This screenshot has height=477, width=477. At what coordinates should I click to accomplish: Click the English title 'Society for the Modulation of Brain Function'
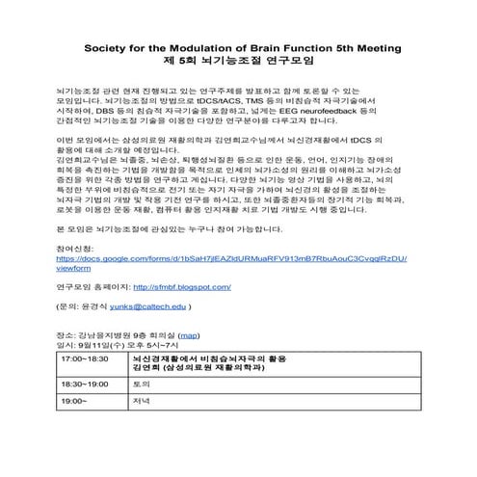[x=223, y=45]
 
